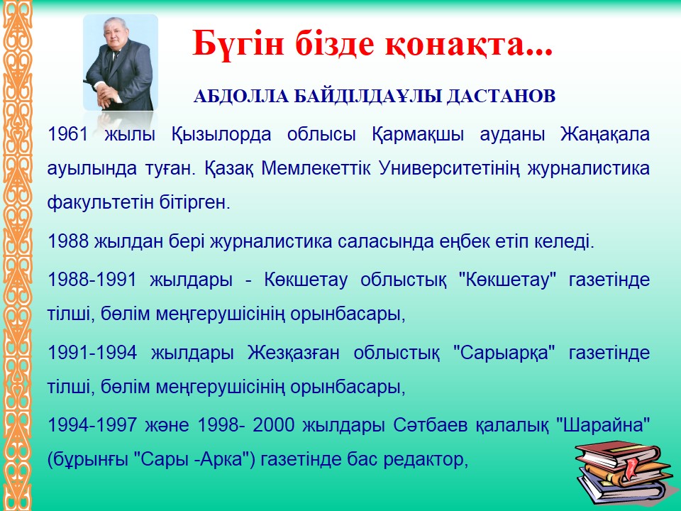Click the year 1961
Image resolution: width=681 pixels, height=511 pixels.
click(x=68, y=134)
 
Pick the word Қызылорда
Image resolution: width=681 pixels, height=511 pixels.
click(x=221, y=135)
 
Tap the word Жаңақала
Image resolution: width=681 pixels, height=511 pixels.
click(x=605, y=135)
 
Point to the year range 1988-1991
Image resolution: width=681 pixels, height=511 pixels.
click(x=92, y=280)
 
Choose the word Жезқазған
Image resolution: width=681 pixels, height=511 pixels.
click(x=294, y=353)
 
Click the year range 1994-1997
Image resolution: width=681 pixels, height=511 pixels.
click(x=92, y=424)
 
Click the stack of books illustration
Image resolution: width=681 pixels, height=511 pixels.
click(x=621, y=473)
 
